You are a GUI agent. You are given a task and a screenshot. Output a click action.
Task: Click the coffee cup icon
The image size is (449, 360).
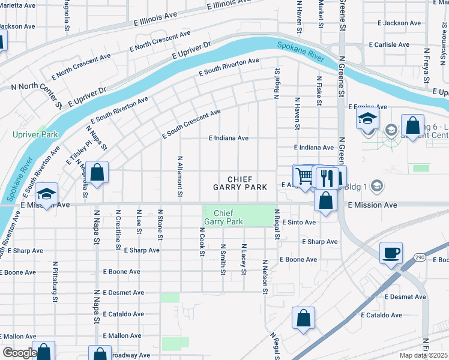[391, 252]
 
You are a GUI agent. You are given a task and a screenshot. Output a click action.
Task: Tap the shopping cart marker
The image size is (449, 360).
[304, 175]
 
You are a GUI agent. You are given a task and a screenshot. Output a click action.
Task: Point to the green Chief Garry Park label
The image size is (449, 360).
[223, 217]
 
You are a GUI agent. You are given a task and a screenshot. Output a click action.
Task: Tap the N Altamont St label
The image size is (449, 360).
[179, 177]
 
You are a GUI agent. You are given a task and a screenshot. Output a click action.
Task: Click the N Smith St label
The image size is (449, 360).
[223, 259]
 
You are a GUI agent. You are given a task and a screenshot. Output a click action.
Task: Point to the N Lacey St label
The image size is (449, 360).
[244, 259]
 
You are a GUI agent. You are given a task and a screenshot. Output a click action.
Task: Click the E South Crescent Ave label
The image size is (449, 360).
[191, 124]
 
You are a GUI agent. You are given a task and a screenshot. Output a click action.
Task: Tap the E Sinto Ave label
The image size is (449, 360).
[298, 222]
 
